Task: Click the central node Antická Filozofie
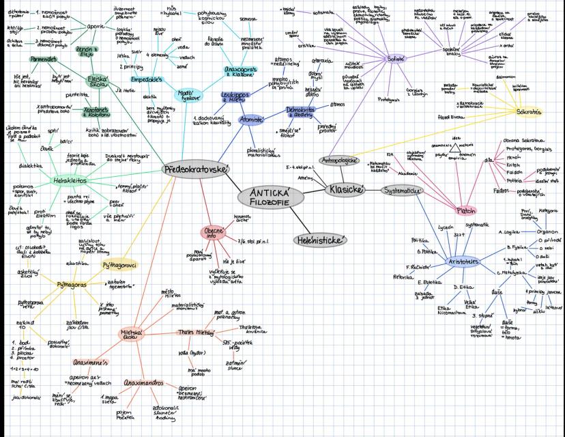pyautogui.click(x=270, y=197)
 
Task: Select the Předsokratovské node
pyautogui.click(x=197, y=169)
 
